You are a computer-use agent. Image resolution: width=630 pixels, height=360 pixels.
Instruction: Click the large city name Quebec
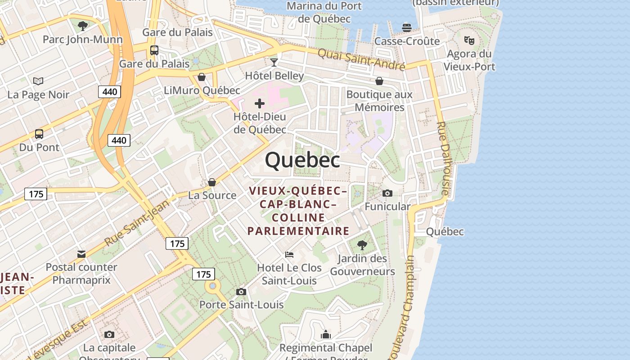(x=302, y=160)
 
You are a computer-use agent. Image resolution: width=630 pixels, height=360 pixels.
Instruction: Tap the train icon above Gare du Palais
(x=154, y=50)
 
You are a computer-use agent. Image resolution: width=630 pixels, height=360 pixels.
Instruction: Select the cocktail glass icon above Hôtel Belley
(x=274, y=62)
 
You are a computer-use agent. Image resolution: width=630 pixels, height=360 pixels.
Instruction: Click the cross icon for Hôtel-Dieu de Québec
(x=260, y=104)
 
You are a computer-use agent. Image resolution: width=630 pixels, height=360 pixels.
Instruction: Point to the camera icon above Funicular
(x=387, y=193)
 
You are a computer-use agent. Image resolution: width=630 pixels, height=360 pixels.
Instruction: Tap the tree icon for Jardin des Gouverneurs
(x=362, y=245)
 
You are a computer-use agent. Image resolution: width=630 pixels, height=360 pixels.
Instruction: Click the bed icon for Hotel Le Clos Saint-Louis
(x=289, y=255)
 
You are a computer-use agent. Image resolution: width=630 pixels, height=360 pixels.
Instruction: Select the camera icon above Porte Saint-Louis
(x=241, y=292)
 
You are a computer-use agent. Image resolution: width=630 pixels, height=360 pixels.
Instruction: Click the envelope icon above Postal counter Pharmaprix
(x=81, y=254)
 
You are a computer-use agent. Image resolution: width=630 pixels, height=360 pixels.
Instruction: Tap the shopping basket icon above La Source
(x=212, y=182)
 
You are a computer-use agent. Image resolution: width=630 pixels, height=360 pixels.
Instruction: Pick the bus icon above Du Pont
(x=39, y=134)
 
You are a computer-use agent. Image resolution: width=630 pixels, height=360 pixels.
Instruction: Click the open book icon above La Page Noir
(x=39, y=81)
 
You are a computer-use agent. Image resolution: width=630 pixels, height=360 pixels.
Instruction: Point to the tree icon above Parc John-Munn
(x=83, y=26)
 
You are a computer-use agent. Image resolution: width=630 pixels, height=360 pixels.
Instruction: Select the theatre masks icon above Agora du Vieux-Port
(x=469, y=40)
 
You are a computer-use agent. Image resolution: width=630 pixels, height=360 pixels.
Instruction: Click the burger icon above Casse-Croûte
(x=407, y=28)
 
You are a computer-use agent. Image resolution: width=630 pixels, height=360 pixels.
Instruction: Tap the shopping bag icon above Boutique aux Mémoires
(x=379, y=81)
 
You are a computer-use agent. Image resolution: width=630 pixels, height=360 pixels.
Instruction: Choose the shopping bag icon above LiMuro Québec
(x=202, y=77)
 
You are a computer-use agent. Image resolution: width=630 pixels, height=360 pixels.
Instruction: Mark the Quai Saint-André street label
(x=361, y=59)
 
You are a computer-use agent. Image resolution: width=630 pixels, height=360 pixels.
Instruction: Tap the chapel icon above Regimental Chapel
(x=326, y=334)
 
